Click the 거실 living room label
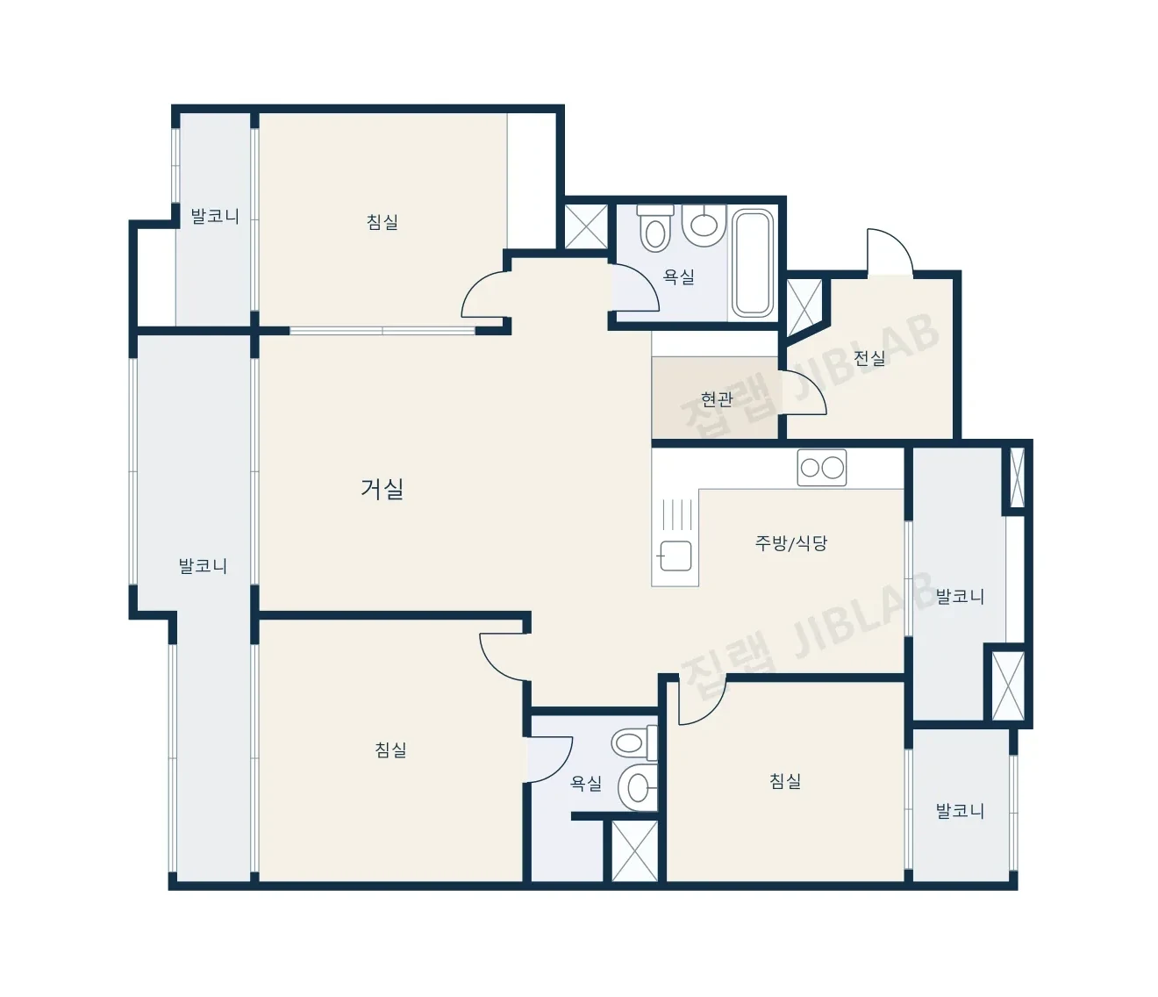(x=382, y=489)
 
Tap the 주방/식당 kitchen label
(x=790, y=542)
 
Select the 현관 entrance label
(x=717, y=399)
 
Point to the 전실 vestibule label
(x=868, y=357)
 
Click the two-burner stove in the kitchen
(x=821, y=468)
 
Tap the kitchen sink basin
(x=675, y=556)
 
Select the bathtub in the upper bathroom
(x=753, y=262)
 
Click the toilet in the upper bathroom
(x=654, y=229)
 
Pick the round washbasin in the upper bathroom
(x=704, y=225)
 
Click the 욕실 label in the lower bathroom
(x=585, y=783)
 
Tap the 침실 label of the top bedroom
(x=382, y=222)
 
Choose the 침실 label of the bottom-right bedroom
(x=785, y=781)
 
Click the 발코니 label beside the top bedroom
(x=215, y=216)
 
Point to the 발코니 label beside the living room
(x=203, y=566)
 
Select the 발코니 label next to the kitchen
(x=960, y=596)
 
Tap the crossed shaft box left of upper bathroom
(x=586, y=226)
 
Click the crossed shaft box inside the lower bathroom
(x=634, y=850)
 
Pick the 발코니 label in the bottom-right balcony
(x=960, y=810)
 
